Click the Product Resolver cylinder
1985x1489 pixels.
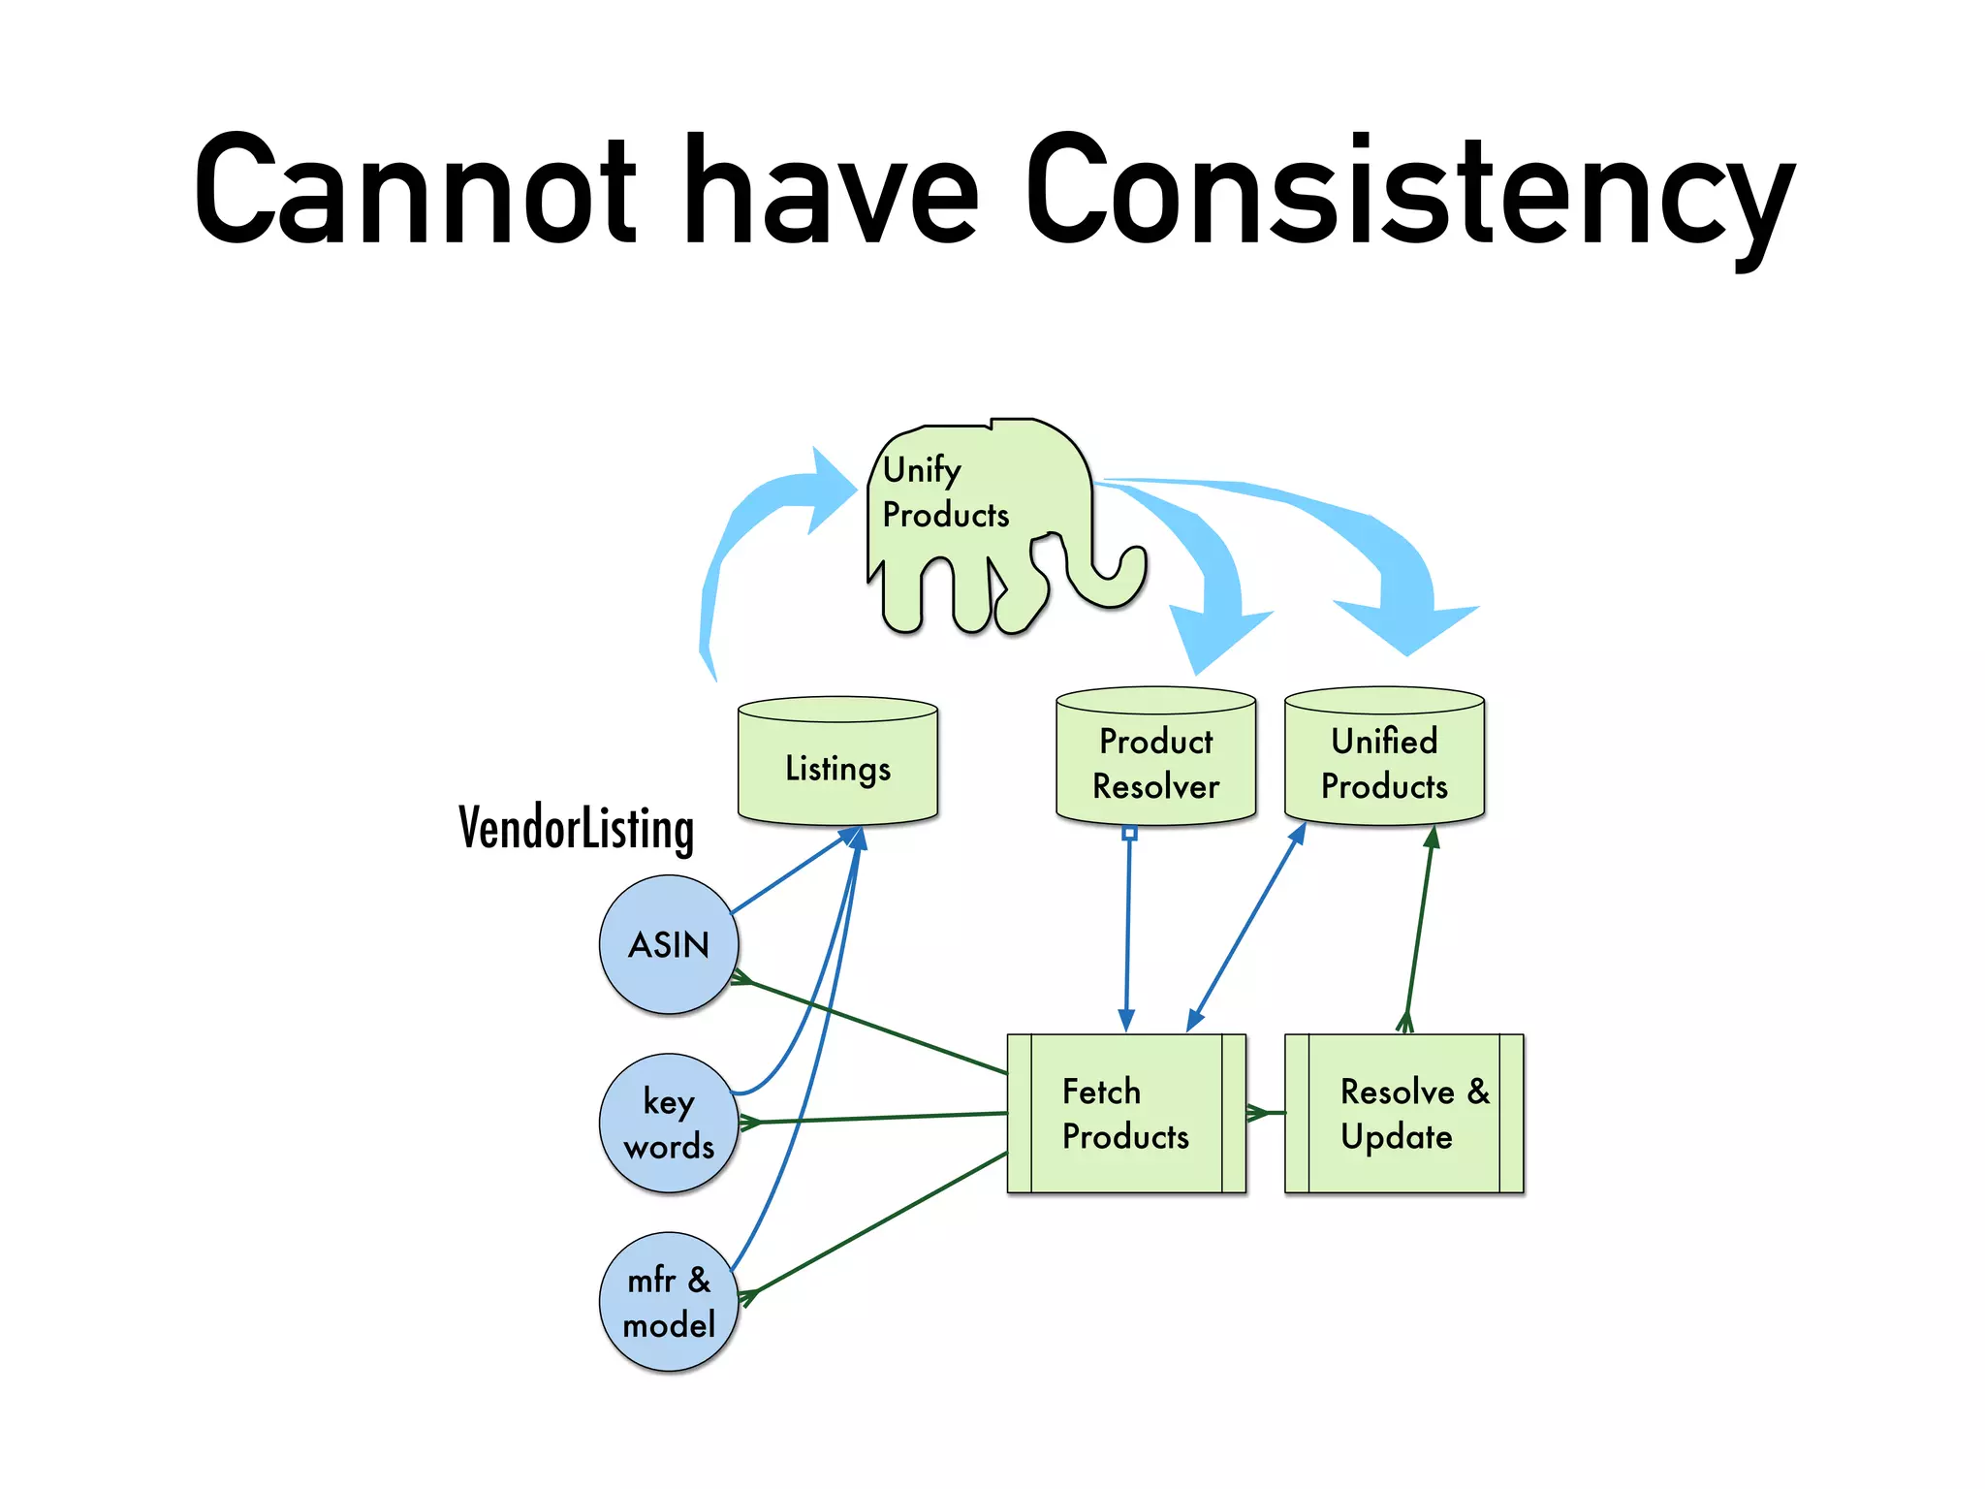[x=1155, y=760]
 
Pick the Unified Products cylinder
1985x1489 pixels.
[x=1384, y=760]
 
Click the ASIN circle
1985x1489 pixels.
[x=669, y=944]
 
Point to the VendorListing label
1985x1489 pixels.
[x=576, y=830]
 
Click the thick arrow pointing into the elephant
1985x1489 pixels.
[x=766, y=514]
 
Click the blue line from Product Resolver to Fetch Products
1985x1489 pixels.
[x=1128, y=931]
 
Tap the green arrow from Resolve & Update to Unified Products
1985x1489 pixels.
[x=1419, y=931]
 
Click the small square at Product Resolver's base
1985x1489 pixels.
[x=1129, y=833]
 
